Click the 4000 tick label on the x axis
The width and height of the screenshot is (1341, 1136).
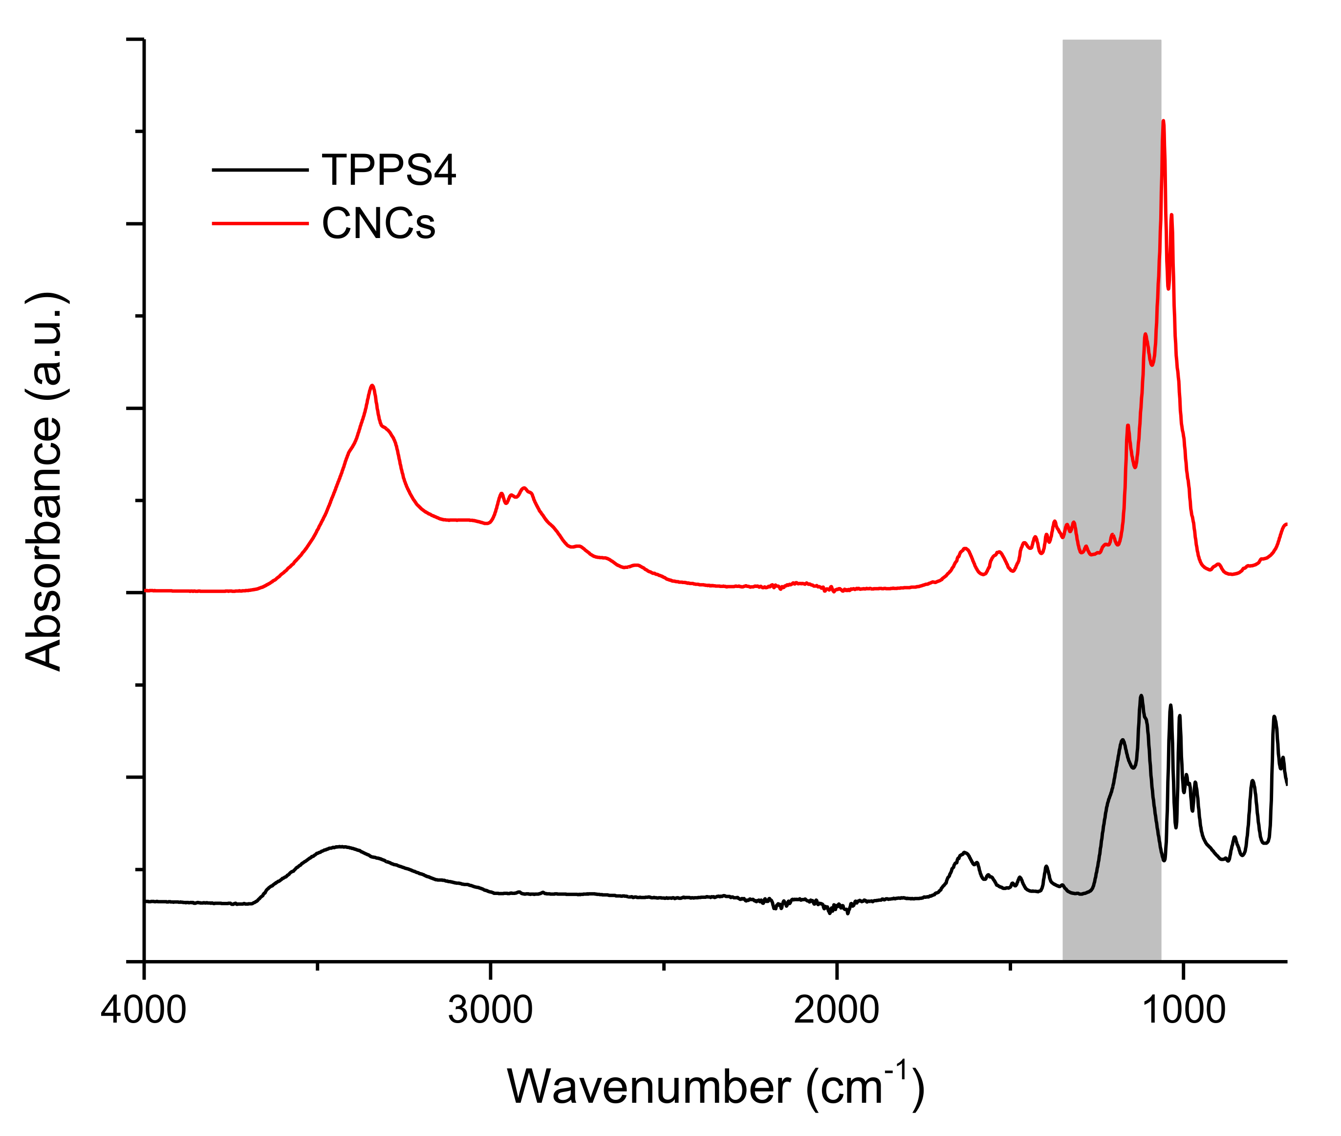143,1010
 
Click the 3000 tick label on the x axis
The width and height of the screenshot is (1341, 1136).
490,1010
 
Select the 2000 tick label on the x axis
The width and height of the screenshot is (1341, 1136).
836,1010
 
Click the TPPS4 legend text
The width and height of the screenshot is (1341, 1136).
388,170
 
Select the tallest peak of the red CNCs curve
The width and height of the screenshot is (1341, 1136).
1163,122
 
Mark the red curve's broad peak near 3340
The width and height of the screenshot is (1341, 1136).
371,386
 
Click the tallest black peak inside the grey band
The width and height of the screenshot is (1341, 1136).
1141,696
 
